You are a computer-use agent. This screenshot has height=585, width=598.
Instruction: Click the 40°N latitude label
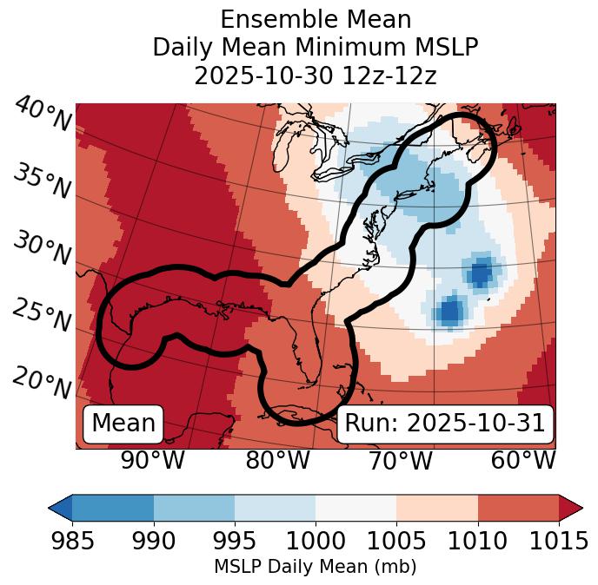coord(42,115)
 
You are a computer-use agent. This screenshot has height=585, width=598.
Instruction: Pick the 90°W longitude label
coord(153,461)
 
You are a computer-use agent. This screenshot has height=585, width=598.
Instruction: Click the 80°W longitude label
coord(277,461)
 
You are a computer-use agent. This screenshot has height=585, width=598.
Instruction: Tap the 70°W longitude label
coord(400,461)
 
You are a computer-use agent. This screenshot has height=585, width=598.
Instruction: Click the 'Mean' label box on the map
coord(123,424)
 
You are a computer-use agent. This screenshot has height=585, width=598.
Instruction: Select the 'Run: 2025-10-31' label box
coord(444,424)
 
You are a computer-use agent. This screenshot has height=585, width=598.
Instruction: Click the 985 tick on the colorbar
coord(72,541)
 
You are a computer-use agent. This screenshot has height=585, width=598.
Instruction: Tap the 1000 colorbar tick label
coord(316,541)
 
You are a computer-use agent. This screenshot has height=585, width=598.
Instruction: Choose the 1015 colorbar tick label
coord(558,541)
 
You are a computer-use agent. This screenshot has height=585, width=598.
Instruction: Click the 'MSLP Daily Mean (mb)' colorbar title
coord(315,568)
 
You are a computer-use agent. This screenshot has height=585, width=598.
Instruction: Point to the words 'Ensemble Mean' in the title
coord(315,20)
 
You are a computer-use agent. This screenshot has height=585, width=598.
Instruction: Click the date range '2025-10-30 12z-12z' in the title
coord(315,76)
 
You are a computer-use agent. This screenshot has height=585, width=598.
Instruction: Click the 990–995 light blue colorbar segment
coord(194,507)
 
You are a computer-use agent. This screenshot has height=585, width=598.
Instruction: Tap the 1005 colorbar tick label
coord(396,541)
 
